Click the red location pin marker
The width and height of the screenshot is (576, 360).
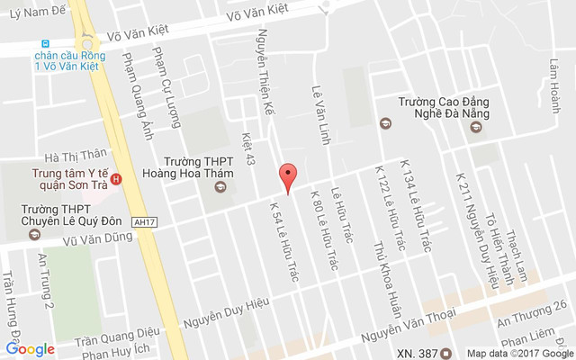point(288,177)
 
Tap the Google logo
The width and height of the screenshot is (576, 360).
point(30,349)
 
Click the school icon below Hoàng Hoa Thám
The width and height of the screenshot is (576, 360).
point(218,188)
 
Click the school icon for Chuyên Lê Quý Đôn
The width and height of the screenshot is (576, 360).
point(35,235)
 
